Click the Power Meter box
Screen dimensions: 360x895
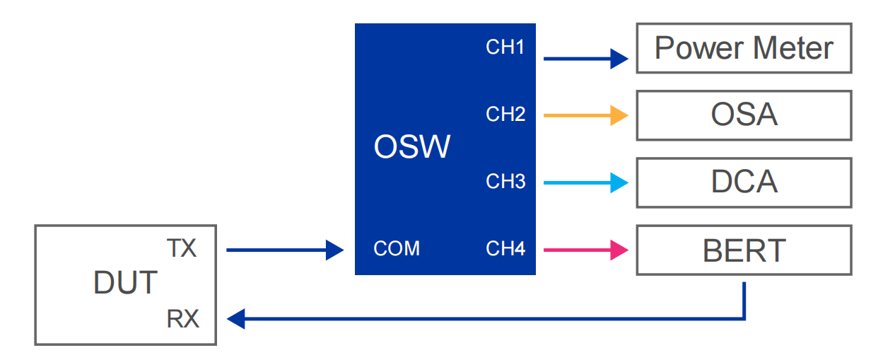744,48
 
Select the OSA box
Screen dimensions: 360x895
744,115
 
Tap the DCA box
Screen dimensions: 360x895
744,182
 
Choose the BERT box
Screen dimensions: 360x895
744,250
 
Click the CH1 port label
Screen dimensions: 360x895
505,47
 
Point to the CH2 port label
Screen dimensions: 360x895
505,114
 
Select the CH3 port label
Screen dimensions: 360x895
505,182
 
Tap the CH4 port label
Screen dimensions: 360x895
505,249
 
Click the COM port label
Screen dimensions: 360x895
396,249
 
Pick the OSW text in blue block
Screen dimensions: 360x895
411,147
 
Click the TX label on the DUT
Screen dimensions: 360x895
181,249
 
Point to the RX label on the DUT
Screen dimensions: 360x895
182,320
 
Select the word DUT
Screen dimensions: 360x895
125,283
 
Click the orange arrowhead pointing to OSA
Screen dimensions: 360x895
619,115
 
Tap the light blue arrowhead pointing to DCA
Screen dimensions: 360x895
619,182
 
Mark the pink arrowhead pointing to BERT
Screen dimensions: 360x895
619,250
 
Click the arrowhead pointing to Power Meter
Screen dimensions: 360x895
619,59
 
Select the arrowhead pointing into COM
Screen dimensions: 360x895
334,250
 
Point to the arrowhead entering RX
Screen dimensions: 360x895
236,319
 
